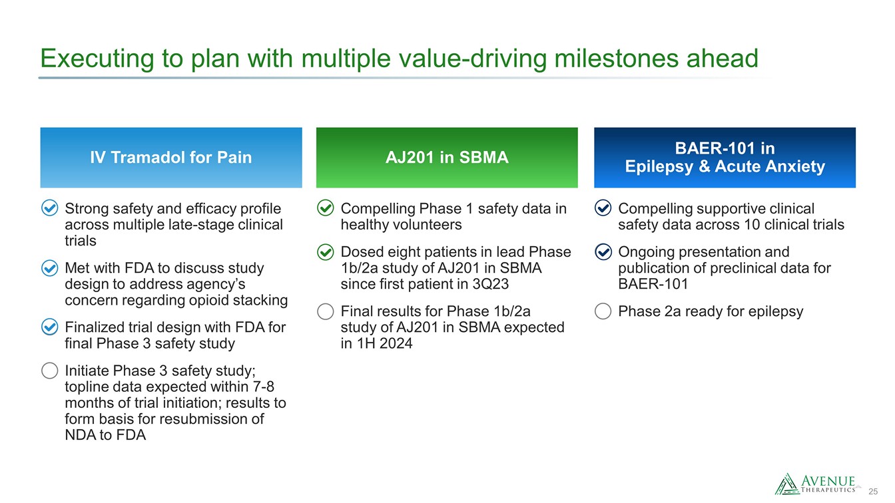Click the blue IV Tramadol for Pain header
[171, 157]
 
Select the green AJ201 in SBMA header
[447, 157]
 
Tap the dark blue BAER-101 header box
[725, 157]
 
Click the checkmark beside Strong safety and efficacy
[50, 208]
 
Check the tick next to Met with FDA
[50, 268]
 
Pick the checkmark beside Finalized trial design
[50, 327]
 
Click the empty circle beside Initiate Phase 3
[50, 371]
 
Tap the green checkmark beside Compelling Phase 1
[326, 208]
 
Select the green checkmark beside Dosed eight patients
[326, 252]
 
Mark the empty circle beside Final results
[326, 311]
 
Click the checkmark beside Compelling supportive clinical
[603, 208]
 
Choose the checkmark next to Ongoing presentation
[603, 252]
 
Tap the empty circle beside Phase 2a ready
[603, 311]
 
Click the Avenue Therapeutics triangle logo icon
[787, 484]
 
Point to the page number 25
[873, 492]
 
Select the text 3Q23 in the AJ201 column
[490, 284]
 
